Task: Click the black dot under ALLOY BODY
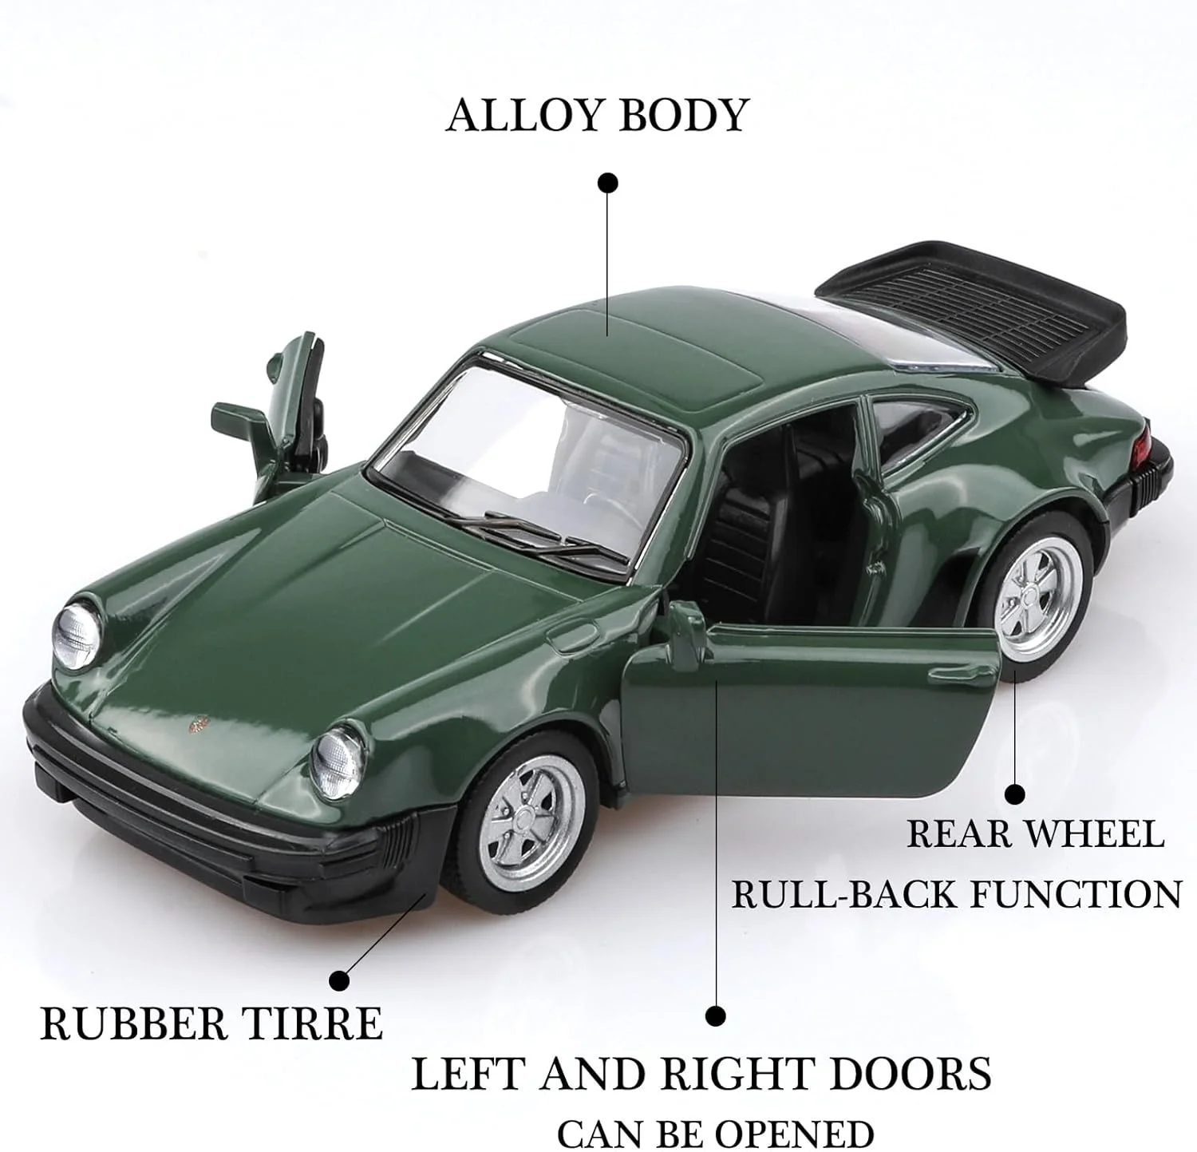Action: click(608, 183)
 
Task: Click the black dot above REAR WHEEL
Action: click(1014, 794)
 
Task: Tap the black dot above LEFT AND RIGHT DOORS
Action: click(716, 1015)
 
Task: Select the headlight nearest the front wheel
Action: click(339, 761)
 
